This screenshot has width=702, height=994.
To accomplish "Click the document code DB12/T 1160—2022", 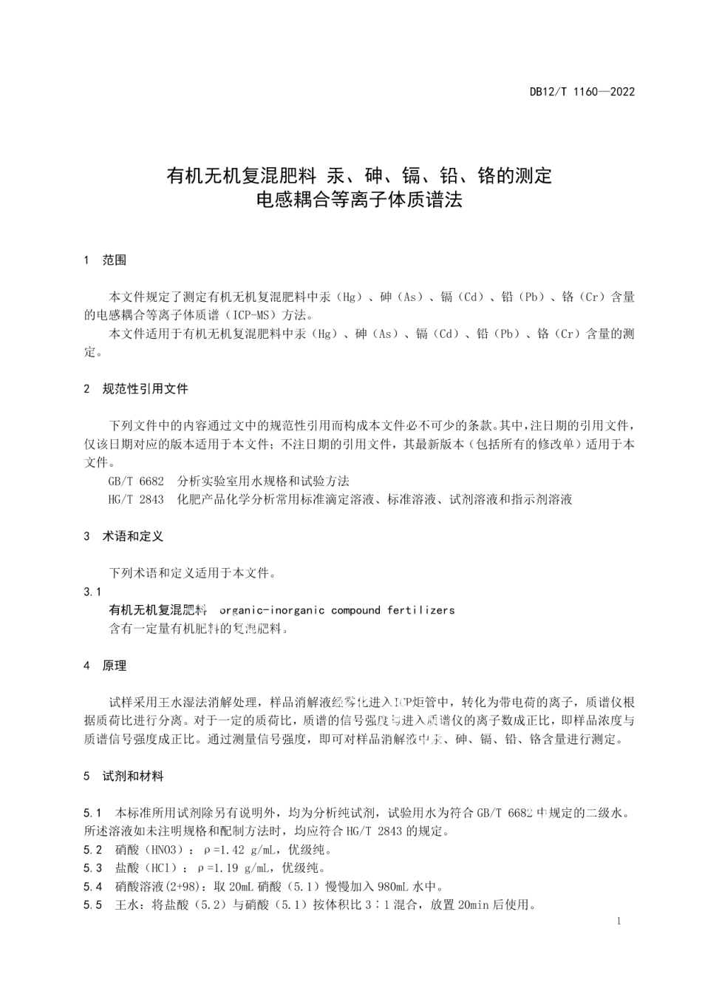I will [582, 92].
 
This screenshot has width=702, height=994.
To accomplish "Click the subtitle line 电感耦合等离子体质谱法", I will [358, 200].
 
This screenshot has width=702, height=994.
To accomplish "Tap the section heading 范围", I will [114, 260].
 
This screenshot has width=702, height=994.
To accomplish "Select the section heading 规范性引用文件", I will [145, 388].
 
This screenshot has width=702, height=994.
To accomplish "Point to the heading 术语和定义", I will [132, 536].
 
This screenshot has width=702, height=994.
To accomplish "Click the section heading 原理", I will [114, 666].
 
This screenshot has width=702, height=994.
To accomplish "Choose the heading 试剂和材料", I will [133, 777].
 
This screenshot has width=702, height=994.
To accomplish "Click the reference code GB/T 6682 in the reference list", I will [136, 481].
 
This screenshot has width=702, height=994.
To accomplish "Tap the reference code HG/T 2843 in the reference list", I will [136, 499].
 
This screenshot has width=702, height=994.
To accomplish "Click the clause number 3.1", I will [93, 592].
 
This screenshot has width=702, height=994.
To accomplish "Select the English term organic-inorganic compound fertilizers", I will [338, 610].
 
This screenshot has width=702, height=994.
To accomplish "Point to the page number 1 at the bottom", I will [618, 921].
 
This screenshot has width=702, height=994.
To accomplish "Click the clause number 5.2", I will [93, 850].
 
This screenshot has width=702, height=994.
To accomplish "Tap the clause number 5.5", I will [93, 905].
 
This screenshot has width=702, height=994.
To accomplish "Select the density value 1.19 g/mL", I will [239, 868].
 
